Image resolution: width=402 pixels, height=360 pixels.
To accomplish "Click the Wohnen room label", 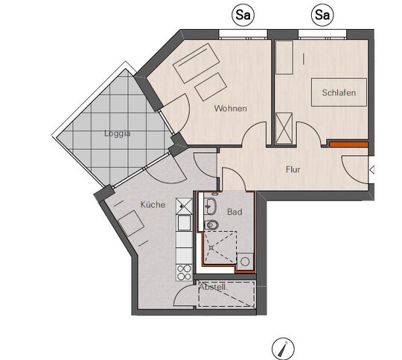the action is (231, 108).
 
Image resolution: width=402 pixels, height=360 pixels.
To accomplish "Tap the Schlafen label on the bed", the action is (339, 92).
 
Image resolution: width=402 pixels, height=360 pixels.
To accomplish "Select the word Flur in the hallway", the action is (293, 169).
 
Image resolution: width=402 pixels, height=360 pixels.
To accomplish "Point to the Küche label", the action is (153, 204).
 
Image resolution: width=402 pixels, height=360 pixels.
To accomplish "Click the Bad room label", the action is (234, 212).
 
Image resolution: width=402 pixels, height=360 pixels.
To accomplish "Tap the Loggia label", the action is (117, 133).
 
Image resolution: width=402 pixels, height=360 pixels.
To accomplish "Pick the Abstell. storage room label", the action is (214, 287).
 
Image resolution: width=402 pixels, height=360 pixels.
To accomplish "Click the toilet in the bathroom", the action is (211, 225).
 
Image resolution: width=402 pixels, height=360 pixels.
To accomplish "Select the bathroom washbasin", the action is (210, 206).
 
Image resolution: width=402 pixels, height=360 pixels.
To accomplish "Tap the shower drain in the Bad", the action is (211, 247).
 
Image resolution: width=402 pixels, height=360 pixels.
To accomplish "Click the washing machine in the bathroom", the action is (245, 262).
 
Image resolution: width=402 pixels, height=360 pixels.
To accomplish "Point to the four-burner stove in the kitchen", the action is (184, 273).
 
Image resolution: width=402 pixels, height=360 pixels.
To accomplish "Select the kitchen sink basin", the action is (184, 223).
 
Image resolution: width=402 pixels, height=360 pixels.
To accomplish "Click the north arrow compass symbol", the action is (283, 349).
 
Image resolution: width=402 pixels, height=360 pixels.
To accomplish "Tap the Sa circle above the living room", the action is (243, 15).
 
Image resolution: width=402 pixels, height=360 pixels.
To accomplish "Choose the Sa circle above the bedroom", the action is (322, 15).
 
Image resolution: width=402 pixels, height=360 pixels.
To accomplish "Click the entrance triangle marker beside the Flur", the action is (372, 170).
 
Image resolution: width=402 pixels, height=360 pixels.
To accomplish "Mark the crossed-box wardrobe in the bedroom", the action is (284, 128).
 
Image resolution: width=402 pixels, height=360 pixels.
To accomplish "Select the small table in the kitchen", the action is (131, 223).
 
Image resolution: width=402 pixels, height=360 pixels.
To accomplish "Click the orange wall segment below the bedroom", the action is (348, 145).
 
